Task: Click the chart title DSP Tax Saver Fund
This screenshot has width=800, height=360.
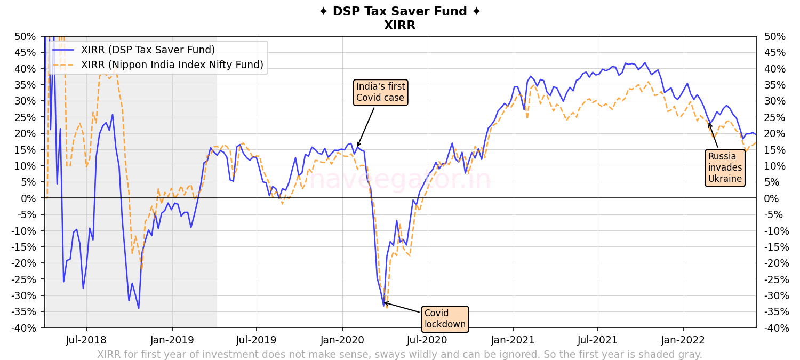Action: [399, 12]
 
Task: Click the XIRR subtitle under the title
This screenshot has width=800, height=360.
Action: [399, 26]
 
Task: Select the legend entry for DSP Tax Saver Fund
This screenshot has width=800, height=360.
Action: [148, 50]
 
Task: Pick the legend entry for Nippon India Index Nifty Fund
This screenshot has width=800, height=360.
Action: [172, 65]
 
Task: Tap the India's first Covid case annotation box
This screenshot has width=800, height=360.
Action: [380, 92]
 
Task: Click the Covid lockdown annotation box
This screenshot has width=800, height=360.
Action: [445, 319]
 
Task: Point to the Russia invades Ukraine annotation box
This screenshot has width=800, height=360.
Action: [725, 167]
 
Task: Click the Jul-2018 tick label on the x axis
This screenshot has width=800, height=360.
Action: [86, 340]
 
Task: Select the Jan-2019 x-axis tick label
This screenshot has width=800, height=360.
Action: [172, 340]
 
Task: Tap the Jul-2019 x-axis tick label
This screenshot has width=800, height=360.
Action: [257, 340]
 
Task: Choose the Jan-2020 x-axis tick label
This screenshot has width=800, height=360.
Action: [342, 340]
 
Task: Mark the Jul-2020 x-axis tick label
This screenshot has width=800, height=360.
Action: [428, 340]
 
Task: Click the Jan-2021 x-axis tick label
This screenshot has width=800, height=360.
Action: [513, 340]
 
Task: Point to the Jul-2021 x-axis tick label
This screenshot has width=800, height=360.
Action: [598, 340]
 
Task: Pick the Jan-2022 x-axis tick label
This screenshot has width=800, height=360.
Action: [683, 340]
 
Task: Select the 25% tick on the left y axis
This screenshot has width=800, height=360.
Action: [27, 117]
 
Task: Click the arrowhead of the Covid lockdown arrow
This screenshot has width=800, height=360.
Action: [384, 302]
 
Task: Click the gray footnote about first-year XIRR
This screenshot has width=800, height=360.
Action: [399, 355]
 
